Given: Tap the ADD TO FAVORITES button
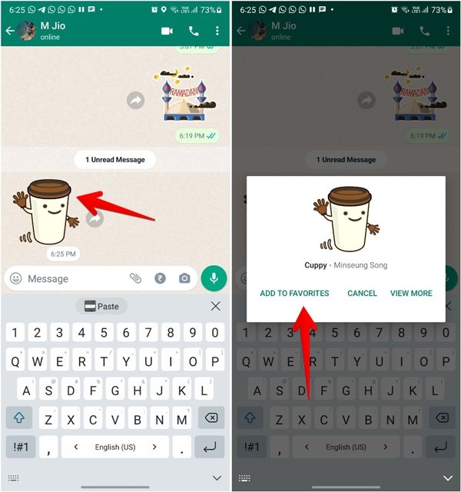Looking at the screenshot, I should (x=294, y=293).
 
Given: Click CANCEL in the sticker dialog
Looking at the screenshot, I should (x=362, y=293).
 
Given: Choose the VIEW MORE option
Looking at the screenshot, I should (x=411, y=293).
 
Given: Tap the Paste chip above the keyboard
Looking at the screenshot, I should (x=101, y=306).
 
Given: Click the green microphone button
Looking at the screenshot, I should (x=214, y=278).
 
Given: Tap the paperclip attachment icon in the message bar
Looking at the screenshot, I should (x=135, y=278).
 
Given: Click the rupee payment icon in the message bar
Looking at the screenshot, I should (x=160, y=278).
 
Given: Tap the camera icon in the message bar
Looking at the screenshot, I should (x=184, y=278).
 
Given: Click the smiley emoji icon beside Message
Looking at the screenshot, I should (x=15, y=278).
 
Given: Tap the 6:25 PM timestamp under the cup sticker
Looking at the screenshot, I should (x=64, y=254).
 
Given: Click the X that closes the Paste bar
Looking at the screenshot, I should (x=215, y=306).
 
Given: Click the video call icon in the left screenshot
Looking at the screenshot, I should (x=167, y=31).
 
